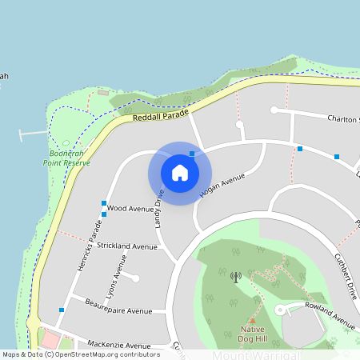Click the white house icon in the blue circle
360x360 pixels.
click(180, 173)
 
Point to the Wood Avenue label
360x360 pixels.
click(130, 208)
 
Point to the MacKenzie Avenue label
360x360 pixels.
click(118, 344)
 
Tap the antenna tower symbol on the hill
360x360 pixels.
click(235, 277)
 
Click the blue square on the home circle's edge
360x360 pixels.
click(192, 154)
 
